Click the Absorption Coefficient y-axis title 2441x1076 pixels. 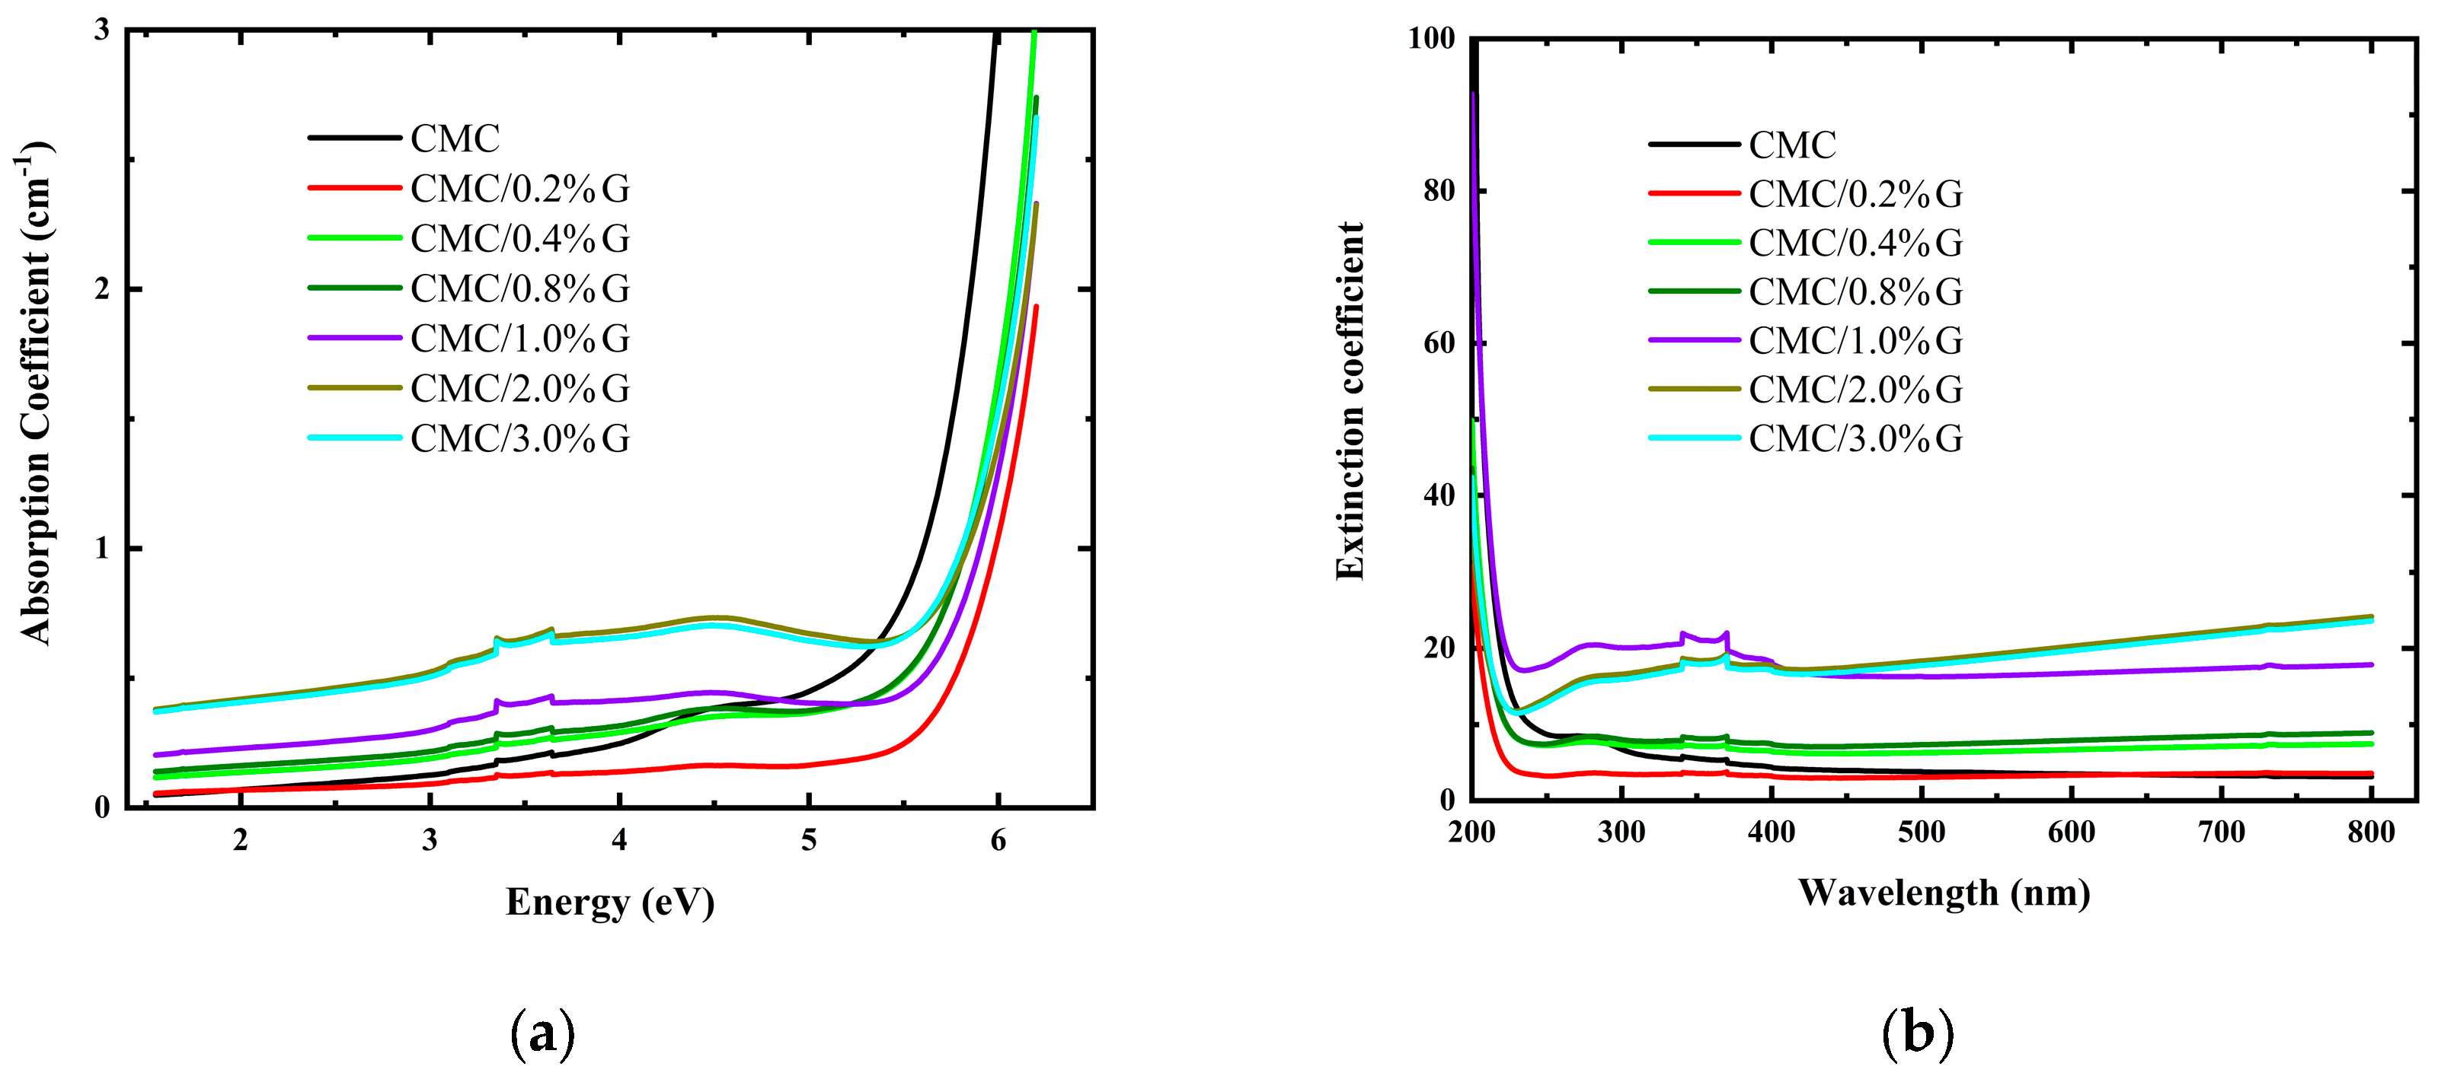click(x=36, y=393)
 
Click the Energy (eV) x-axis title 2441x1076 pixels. click(x=609, y=903)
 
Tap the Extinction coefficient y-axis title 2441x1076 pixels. click(x=1350, y=402)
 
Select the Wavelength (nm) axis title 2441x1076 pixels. click(x=1944, y=893)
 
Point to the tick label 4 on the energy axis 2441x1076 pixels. click(x=618, y=841)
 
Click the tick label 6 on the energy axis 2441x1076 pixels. click(x=998, y=841)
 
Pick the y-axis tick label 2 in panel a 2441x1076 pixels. click(x=101, y=289)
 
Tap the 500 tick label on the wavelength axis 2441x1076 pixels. click(x=1921, y=832)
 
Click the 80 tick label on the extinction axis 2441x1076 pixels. click(x=1439, y=191)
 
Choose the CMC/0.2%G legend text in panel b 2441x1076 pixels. click(x=1855, y=194)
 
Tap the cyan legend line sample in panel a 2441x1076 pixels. click(x=354, y=438)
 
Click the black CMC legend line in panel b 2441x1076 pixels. click(x=1695, y=145)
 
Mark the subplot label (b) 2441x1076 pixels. click(x=1917, y=1033)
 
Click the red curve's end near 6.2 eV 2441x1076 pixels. click(x=1037, y=307)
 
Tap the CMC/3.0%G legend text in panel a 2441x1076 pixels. click(x=519, y=438)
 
